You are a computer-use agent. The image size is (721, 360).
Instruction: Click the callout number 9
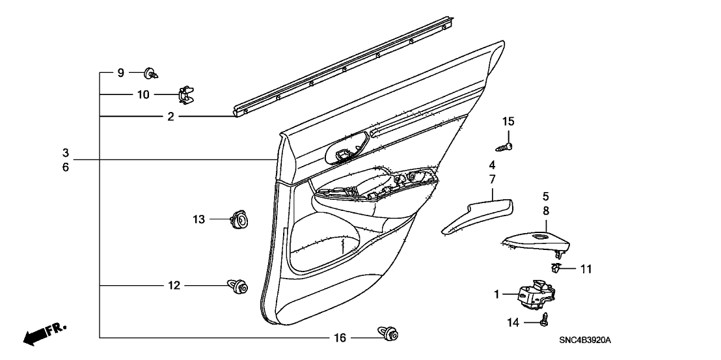120,73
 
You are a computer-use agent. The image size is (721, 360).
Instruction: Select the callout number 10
143,94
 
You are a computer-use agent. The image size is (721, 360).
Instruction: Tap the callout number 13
198,221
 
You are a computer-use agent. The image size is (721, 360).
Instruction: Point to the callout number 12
174,286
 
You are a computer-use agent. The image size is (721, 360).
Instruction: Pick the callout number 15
508,121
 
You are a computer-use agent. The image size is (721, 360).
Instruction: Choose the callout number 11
586,268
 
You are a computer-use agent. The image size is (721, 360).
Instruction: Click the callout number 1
497,294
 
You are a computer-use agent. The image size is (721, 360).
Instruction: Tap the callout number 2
170,117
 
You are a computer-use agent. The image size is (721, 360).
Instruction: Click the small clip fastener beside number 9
151,73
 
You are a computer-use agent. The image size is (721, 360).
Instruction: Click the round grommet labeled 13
240,220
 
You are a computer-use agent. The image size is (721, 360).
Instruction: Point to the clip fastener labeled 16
388,336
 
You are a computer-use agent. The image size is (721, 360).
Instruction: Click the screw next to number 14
543,319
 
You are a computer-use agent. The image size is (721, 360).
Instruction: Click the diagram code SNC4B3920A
588,340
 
